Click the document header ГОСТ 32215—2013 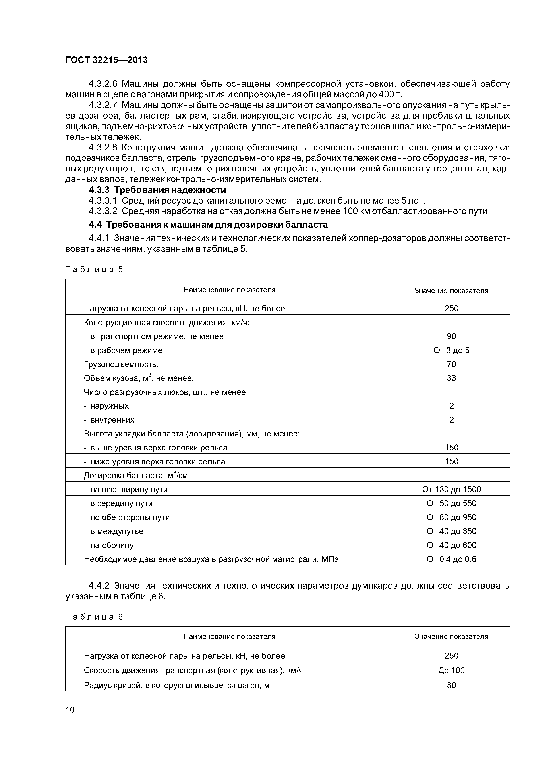click(106, 60)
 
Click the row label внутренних click(112, 420)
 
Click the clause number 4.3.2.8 click(102, 148)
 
